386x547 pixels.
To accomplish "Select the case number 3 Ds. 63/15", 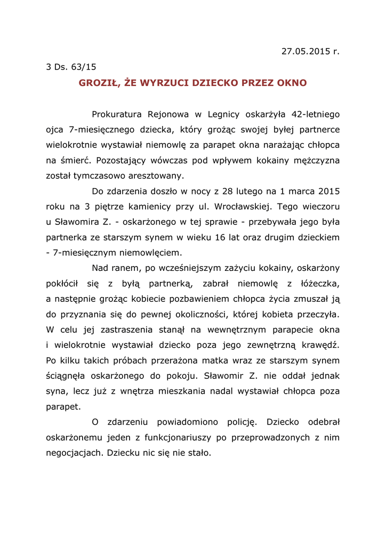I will [x=71, y=67].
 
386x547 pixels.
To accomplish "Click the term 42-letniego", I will [x=315, y=114].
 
